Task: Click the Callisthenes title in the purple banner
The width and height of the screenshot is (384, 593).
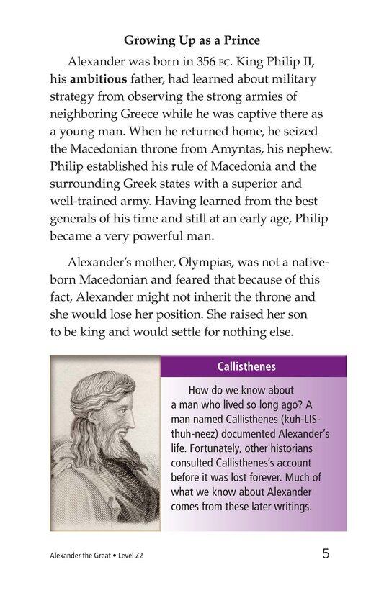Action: click(x=246, y=366)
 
